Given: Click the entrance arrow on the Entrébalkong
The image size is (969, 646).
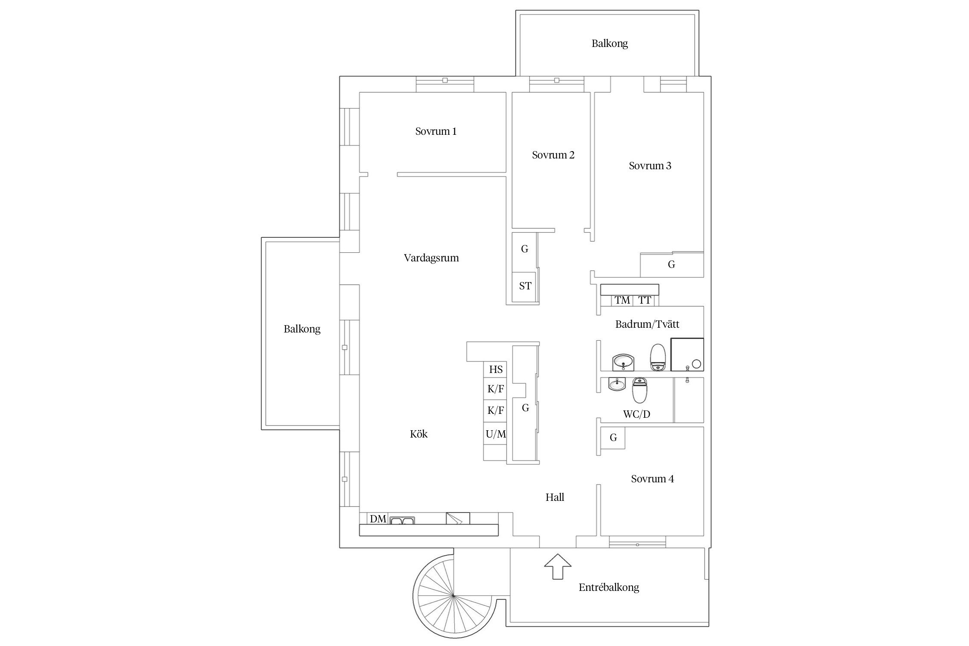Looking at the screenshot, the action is (x=558, y=566).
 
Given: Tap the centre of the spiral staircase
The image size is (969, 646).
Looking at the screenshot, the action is (x=453, y=596).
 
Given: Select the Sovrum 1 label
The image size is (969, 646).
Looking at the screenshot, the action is (x=436, y=131).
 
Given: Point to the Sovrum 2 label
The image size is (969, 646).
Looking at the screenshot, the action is (x=553, y=155).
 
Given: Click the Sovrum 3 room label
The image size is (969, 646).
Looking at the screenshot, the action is (x=650, y=166).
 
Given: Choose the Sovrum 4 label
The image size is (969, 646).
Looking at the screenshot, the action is (x=652, y=479).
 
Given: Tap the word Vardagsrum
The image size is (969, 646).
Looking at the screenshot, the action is (x=431, y=258).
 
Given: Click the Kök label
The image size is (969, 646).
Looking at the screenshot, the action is (x=419, y=434).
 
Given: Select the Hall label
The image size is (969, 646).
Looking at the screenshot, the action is (x=555, y=497).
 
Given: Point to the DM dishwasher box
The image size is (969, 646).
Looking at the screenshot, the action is (x=378, y=519).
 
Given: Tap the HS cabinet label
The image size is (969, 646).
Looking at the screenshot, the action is (x=496, y=370).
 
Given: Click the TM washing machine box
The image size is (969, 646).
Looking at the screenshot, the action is (x=622, y=300).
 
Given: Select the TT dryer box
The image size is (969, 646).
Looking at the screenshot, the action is (x=644, y=300).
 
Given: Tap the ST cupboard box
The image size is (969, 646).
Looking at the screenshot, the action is (x=524, y=286).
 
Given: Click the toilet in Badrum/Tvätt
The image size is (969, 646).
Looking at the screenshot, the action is (x=658, y=357).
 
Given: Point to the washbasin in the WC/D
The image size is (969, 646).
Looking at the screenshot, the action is (x=617, y=383).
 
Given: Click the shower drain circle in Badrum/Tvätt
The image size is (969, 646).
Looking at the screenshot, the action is (x=696, y=364).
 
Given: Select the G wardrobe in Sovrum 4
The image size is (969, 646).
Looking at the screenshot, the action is (x=613, y=438).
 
